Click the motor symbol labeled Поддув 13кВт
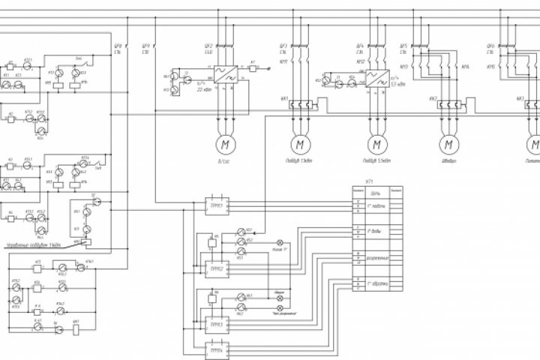[301, 142]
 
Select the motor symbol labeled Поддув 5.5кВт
[374, 142]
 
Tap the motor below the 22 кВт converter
[223, 142]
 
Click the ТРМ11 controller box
[216, 205]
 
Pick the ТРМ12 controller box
[216, 267]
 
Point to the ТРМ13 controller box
[216, 324]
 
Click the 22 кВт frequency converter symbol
[223, 73]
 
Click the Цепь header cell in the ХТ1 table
[376, 190]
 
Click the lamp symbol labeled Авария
[280, 298]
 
